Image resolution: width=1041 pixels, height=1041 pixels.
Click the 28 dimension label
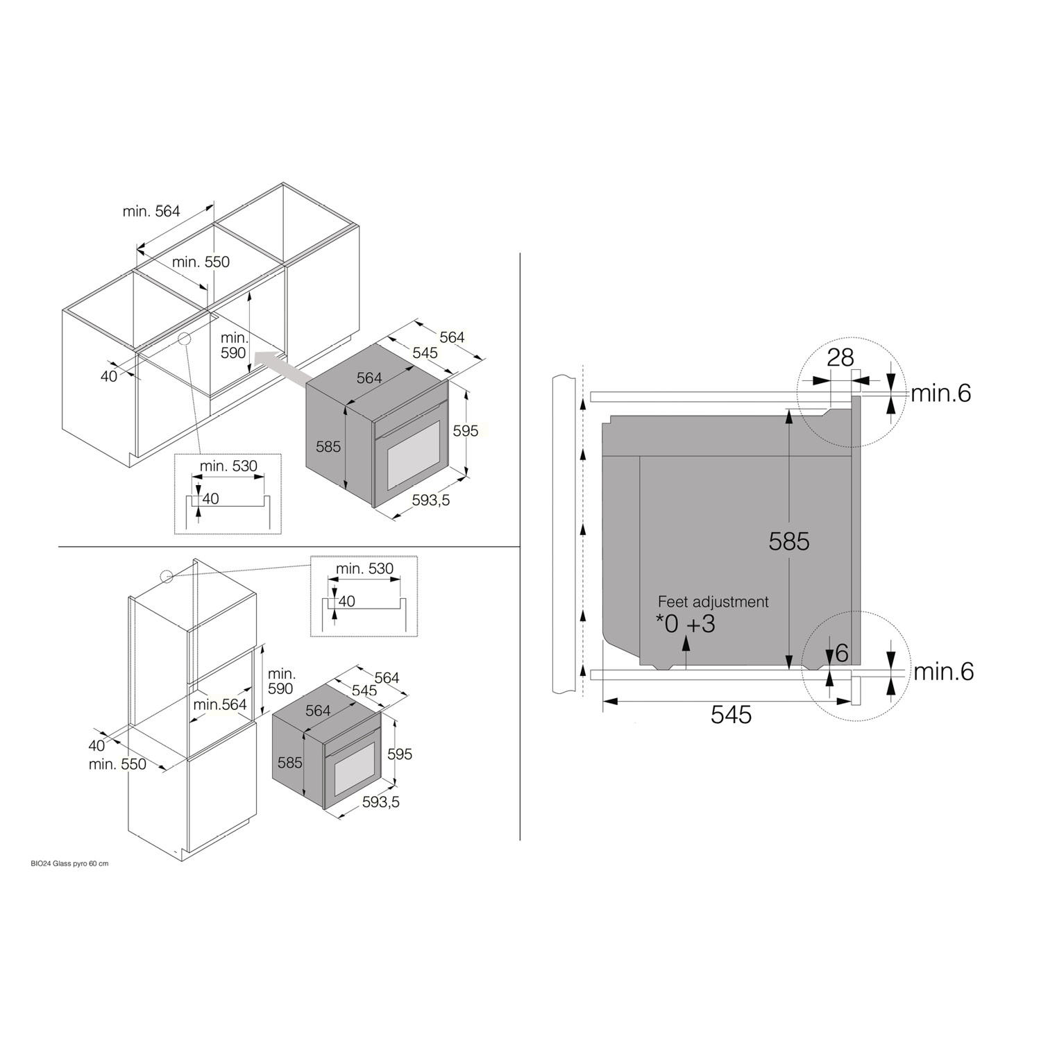[840, 357]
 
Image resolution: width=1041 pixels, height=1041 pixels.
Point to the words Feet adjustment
[713, 602]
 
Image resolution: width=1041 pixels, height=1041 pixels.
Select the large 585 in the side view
[789, 541]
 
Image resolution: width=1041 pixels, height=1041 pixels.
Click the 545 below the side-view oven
[731, 715]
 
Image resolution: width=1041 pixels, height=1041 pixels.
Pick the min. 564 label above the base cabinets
[151, 211]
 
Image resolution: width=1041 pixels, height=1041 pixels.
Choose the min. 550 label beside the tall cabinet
[117, 764]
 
